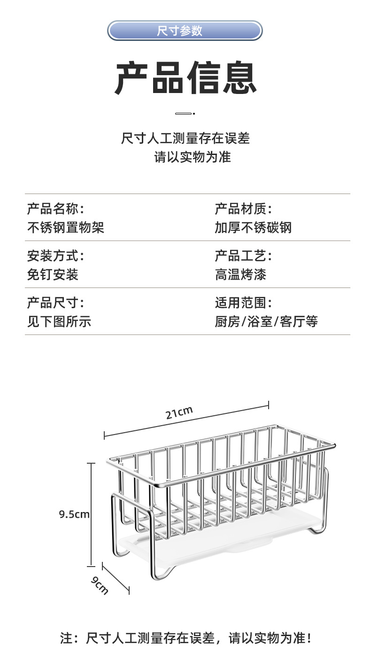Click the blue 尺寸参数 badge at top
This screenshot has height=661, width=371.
185,31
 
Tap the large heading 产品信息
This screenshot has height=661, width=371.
185,78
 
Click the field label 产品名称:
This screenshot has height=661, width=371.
55,209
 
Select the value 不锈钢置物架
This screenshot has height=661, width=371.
65,228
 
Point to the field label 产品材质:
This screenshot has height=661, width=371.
243,209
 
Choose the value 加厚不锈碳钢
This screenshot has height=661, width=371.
253,228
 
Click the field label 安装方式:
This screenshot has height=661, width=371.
55,256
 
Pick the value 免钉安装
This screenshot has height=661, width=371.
53,275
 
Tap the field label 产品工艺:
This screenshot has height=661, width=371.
243,256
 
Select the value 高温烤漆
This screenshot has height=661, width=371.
240,275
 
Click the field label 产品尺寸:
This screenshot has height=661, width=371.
55,303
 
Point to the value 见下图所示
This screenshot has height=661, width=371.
59,322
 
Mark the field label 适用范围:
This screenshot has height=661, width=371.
243,303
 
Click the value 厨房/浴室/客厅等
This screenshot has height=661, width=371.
266,322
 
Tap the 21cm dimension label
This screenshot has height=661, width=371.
179,413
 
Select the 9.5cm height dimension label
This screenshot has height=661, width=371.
74,514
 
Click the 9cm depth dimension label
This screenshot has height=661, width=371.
100,585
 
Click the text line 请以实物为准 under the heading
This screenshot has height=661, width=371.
193,157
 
